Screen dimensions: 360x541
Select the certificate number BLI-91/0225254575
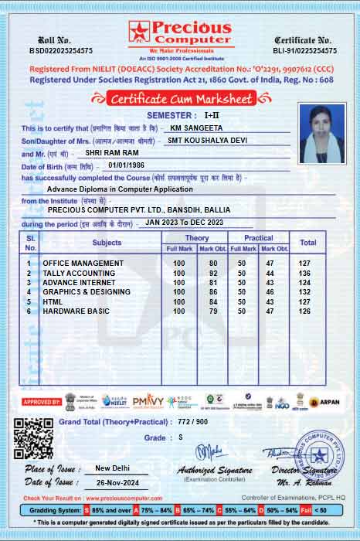tap(305, 50)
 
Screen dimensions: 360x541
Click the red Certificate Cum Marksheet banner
tap(180, 99)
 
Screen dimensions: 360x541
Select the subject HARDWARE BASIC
tap(76, 311)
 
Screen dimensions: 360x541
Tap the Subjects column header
tap(107, 243)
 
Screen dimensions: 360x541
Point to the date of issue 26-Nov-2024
tap(112, 483)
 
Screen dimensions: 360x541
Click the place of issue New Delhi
tap(112, 468)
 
